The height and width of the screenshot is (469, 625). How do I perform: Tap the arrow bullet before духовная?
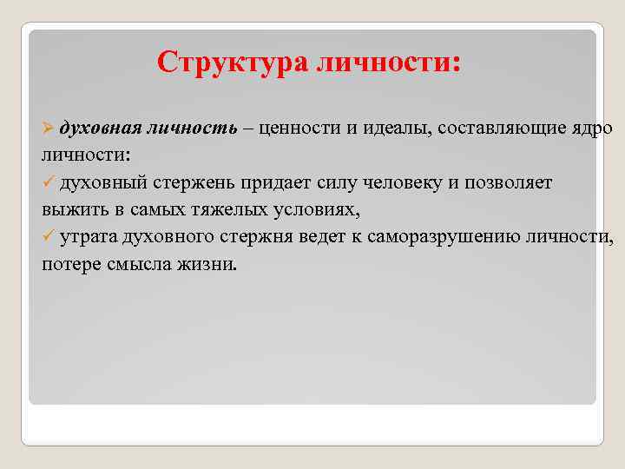49,129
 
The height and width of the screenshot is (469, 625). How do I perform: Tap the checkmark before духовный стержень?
49,183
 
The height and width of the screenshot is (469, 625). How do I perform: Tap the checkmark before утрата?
49,237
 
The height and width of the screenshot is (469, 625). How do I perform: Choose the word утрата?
89,237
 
